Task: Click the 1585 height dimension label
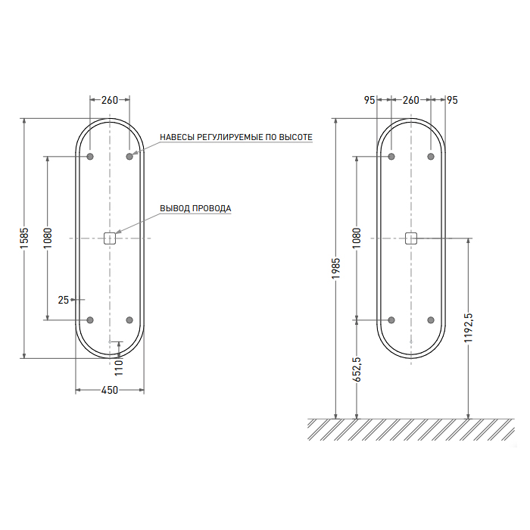click(24, 238)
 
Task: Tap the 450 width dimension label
click(110, 390)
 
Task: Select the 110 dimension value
click(119, 368)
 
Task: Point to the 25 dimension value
click(63, 300)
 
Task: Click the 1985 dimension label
click(335, 269)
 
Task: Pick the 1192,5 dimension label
click(469, 328)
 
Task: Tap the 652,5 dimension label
click(357, 369)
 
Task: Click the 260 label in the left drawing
click(110, 100)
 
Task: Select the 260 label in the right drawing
click(410, 100)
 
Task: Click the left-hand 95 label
click(369, 100)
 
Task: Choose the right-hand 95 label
click(452, 100)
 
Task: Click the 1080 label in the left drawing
click(47, 238)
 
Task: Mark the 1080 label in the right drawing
click(357, 238)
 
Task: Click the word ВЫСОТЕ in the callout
click(298, 137)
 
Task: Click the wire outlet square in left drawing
click(110, 238)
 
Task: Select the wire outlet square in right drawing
click(411, 238)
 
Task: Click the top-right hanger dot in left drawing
click(129, 157)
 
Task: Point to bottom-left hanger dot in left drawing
click(90, 320)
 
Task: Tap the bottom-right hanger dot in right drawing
click(431, 320)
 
